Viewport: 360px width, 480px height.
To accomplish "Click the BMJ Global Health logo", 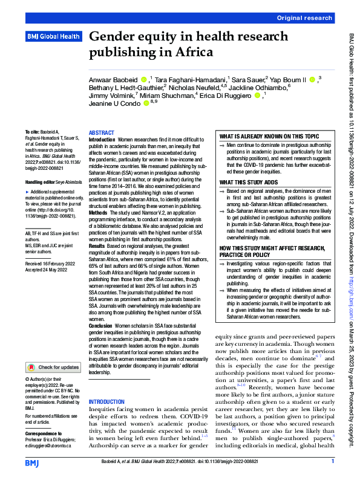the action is pos(53,37).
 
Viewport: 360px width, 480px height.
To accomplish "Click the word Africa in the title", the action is pos(194,53).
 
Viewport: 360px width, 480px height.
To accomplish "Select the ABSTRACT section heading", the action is pos(101,132).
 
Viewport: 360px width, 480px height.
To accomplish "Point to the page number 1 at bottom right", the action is pos(333,462).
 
